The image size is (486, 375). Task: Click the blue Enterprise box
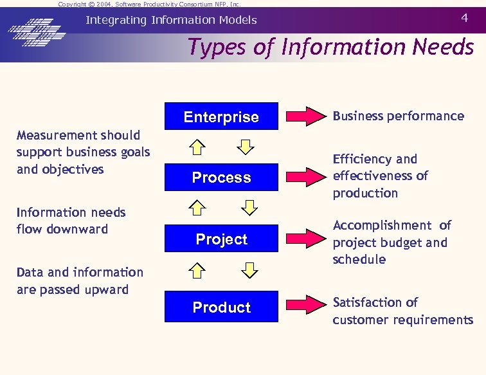[x=221, y=116]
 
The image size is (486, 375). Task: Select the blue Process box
[x=221, y=177]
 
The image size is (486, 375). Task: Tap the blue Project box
[x=221, y=239]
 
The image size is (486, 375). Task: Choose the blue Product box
[x=221, y=307]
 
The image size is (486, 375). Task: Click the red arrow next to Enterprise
[x=305, y=116]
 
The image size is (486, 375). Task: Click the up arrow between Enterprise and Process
[x=198, y=147]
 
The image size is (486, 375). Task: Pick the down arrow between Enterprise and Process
[x=246, y=147]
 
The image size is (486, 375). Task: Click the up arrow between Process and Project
[x=198, y=208]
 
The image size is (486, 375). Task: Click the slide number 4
[x=464, y=18]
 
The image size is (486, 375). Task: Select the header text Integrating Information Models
[x=171, y=20]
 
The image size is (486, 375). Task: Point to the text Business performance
[x=398, y=116]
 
